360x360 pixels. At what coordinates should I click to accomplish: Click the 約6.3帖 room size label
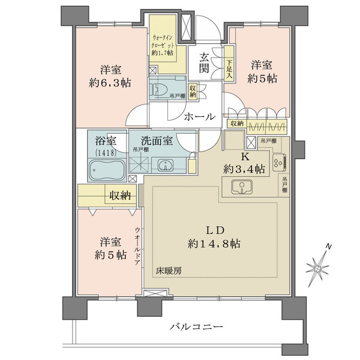(x=112, y=82)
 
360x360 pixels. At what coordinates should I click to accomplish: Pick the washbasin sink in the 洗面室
(x=164, y=166)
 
